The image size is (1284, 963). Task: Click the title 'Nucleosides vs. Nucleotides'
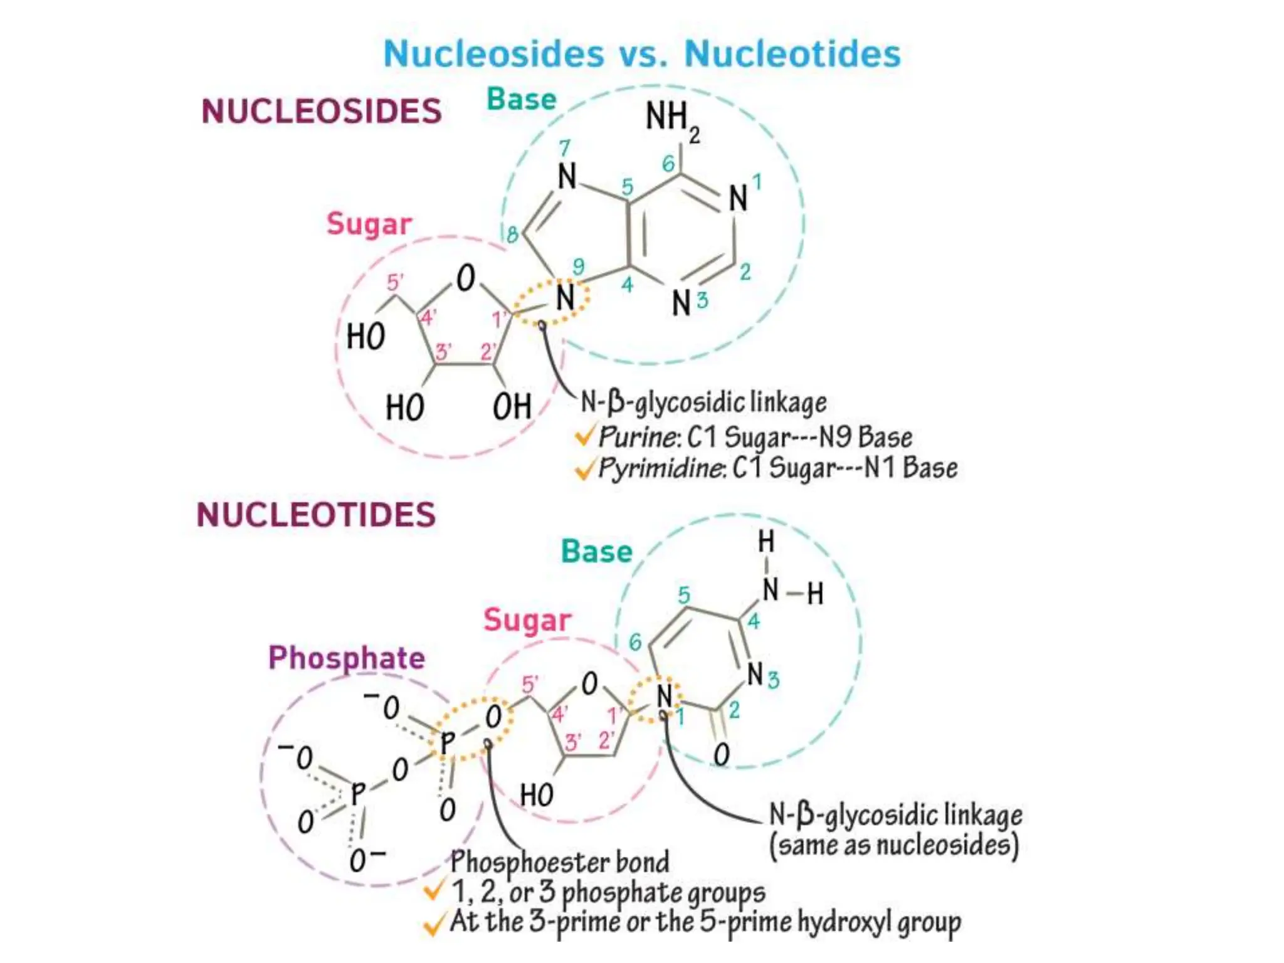[x=642, y=53]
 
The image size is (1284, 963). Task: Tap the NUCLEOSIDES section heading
[x=321, y=112]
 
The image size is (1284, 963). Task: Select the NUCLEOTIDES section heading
[x=316, y=515]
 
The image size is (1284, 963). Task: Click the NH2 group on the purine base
[x=671, y=119]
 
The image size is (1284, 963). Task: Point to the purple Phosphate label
[x=347, y=658]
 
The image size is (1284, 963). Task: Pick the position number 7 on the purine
[x=565, y=148]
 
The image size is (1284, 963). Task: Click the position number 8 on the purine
[x=512, y=235]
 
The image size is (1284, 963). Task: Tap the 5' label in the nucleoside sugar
[x=395, y=282]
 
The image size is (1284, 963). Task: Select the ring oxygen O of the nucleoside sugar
[x=465, y=278]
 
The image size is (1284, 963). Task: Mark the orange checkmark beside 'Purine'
[x=584, y=436]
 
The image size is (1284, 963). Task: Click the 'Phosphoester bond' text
[x=559, y=862]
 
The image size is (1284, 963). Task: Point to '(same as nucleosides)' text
[x=894, y=845]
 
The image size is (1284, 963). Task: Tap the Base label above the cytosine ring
[x=596, y=552]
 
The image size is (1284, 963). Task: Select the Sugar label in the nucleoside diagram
[x=369, y=224]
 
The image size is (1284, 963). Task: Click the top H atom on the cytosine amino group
[x=766, y=542]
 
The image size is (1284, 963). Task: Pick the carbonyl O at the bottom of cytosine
[x=722, y=754]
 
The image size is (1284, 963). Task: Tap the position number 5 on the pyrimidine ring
[x=684, y=595]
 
